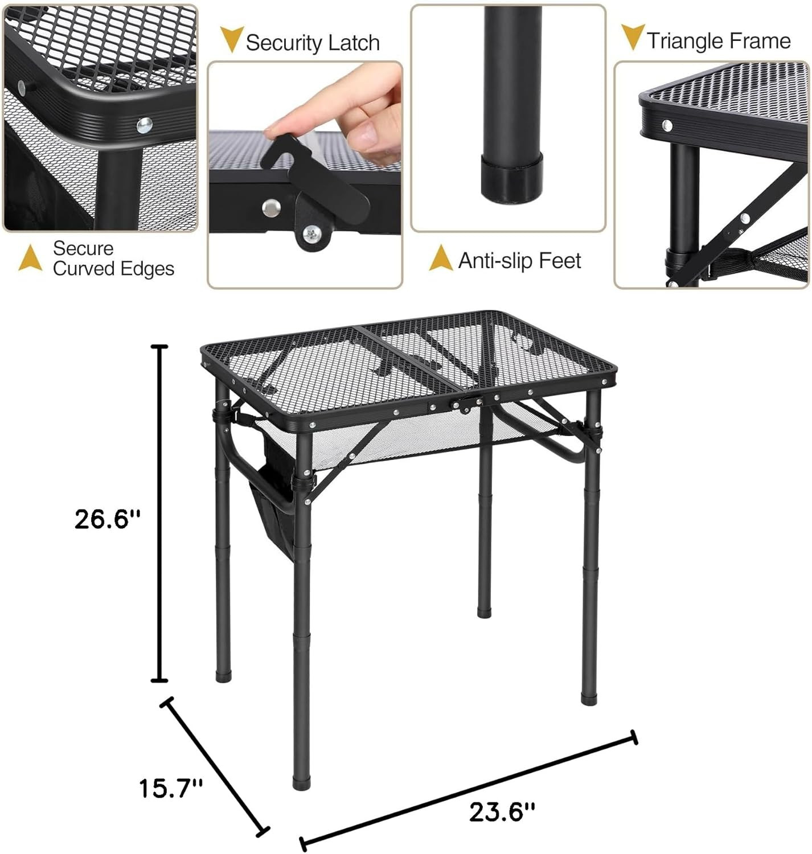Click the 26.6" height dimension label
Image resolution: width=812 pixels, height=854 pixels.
tap(107, 519)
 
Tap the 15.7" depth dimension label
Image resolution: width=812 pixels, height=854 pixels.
tap(171, 789)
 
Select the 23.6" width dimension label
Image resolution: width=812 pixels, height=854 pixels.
tap(502, 811)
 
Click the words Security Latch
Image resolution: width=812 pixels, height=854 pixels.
tap(313, 43)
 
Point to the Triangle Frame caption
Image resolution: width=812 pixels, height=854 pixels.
tap(719, 41)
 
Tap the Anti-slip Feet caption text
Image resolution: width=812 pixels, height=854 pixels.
tap(519, 261)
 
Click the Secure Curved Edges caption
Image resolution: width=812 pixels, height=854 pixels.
tap(113, 258)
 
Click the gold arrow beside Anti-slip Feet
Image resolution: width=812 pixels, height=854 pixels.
tap(440, 258)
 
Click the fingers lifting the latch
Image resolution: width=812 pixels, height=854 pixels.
tap(342, 108)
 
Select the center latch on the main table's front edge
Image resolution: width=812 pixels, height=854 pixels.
tap(460, 404)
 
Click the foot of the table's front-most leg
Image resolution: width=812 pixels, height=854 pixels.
tap(302, 782)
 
